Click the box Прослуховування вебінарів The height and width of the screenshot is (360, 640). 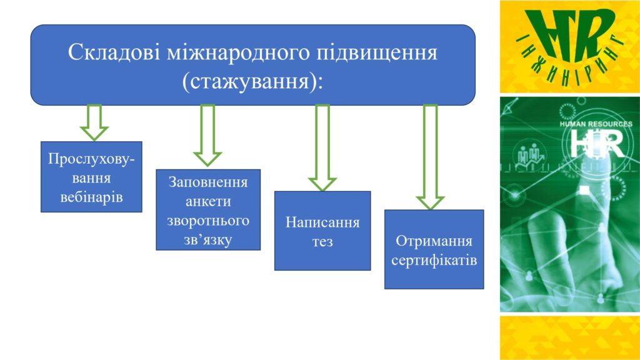click(x=91, y=177)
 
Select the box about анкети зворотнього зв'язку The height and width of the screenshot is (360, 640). click(x=208, y=210)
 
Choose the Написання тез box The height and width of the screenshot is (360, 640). click(x=322, y=231)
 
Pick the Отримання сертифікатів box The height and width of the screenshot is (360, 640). click(x=434, y=249)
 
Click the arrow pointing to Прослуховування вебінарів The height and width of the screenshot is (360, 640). click(x=94, y=122)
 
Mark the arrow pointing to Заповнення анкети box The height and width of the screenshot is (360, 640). click(x=207, y=135)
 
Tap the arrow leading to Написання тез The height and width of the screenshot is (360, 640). click(x=322, y=147)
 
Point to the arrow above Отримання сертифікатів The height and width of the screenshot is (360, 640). click(x=430, y=157)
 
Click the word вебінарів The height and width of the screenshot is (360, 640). click(x=91, y=197)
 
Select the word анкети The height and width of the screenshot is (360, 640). click(x=208, y=201)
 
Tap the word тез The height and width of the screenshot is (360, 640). click(x=322, y=242)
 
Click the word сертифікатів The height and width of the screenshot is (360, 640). click(x=434, y=260)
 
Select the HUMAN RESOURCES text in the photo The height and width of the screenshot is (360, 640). click(x=596, y=124)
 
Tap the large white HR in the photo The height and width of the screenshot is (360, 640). click(x=597, y=143)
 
